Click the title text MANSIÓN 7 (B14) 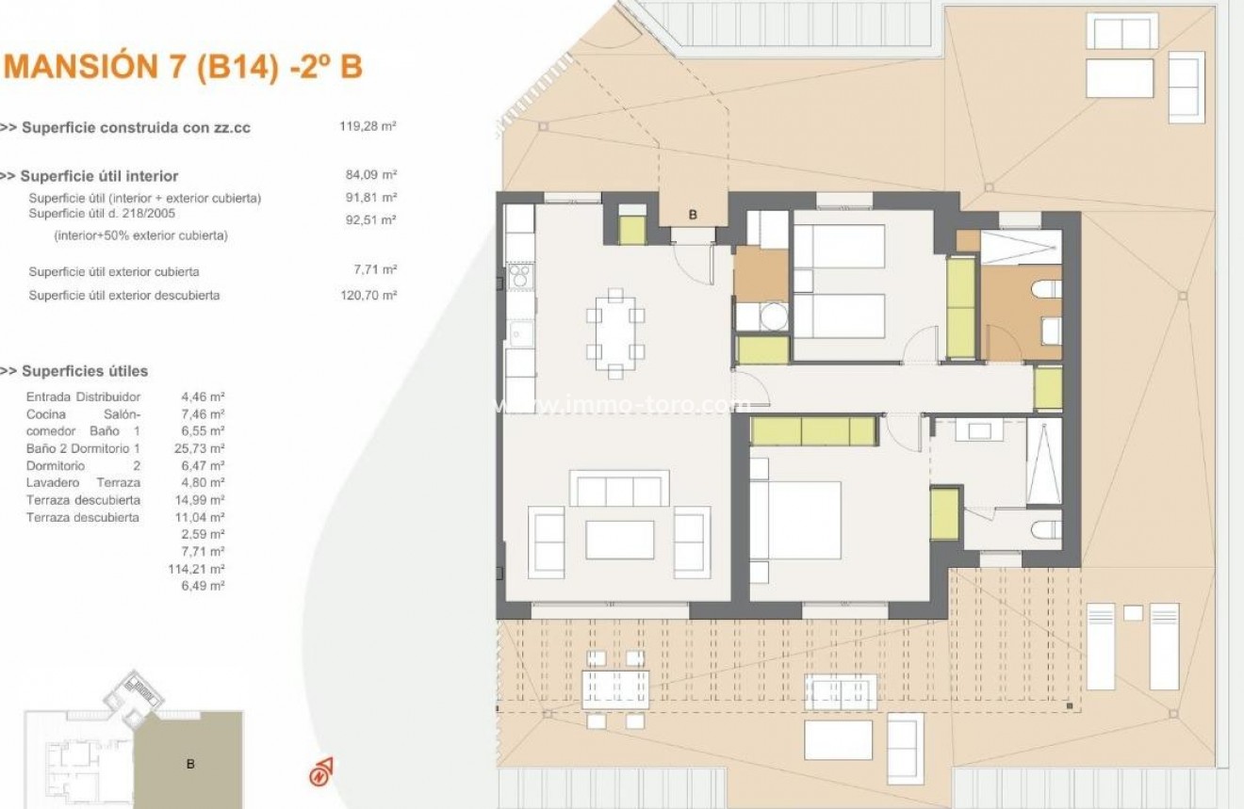(x=141, y=68)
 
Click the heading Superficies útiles (x=84, y=371)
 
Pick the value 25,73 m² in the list (x=203, y=448)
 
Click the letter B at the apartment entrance (x=693, y=215)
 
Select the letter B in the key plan (x=190, y=764)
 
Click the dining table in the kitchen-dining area (x=614, y=333)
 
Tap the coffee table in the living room (x=620, y=540)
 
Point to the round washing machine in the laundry (x=773, y=316)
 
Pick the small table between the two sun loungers (x=1133, y=613)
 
